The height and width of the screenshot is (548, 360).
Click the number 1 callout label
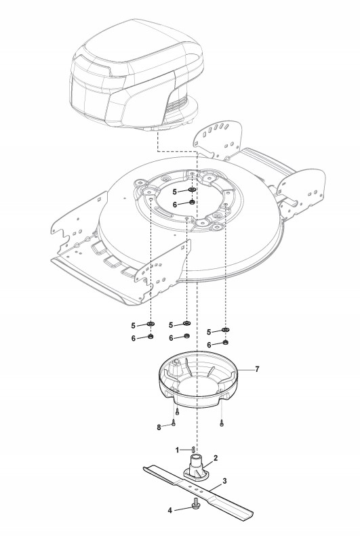[177, 450]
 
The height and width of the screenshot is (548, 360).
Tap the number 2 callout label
[216, 458]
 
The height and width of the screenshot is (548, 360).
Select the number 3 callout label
[224, 481]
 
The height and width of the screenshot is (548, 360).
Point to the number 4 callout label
[170, 511]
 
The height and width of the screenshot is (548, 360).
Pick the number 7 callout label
[257, 369]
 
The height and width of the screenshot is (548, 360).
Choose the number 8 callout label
[159, 427]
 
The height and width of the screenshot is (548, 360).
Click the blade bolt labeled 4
[195, 505]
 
